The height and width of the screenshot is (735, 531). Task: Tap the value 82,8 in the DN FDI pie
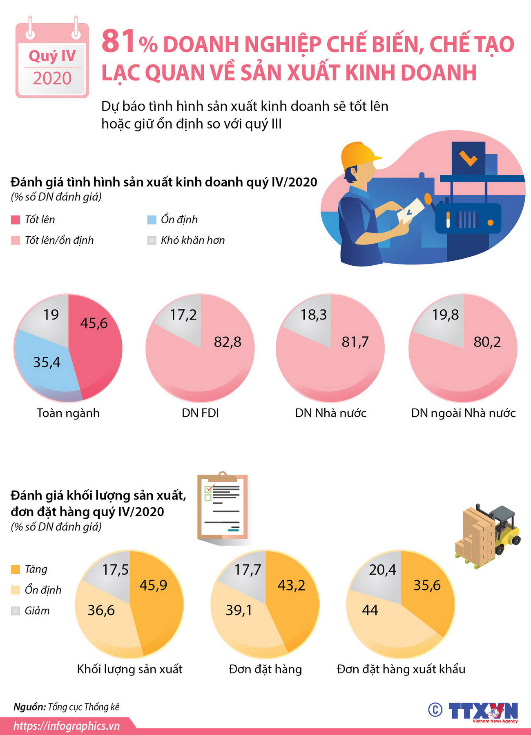click(x=228, y=342)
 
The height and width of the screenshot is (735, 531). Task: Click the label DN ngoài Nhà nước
click(x=463, y=413)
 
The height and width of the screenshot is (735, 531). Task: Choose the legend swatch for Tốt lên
click(x=16, y=220)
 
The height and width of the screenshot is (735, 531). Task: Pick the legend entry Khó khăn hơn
click(x=192, y=240)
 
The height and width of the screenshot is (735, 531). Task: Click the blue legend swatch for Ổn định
click(x=152, y=220)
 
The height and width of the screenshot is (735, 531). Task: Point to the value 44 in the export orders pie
click(x=370, y=611)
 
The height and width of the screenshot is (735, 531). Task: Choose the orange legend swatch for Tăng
click(x=16, y=570)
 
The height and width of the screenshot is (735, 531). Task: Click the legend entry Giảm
click(x=37, y=611)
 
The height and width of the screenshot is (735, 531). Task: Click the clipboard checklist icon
click(x=223, y=506)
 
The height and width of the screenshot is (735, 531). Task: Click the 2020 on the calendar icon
click(x=52, y=78)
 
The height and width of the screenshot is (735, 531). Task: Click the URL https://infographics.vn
click(x=67, y=726)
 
